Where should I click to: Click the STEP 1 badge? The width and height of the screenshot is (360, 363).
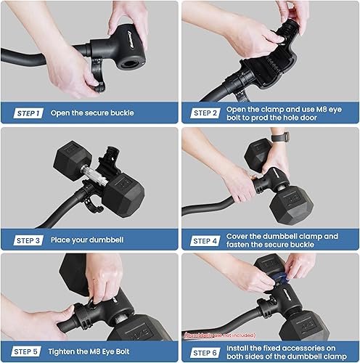[28, 113]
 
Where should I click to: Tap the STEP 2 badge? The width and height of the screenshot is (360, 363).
[204, 113]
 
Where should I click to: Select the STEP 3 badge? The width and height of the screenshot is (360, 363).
[28, 240]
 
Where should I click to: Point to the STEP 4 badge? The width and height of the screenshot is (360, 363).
[204, 240]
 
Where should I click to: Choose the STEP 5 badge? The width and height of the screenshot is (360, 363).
[28, 351]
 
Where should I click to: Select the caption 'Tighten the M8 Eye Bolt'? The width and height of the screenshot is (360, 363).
[90, 351]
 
